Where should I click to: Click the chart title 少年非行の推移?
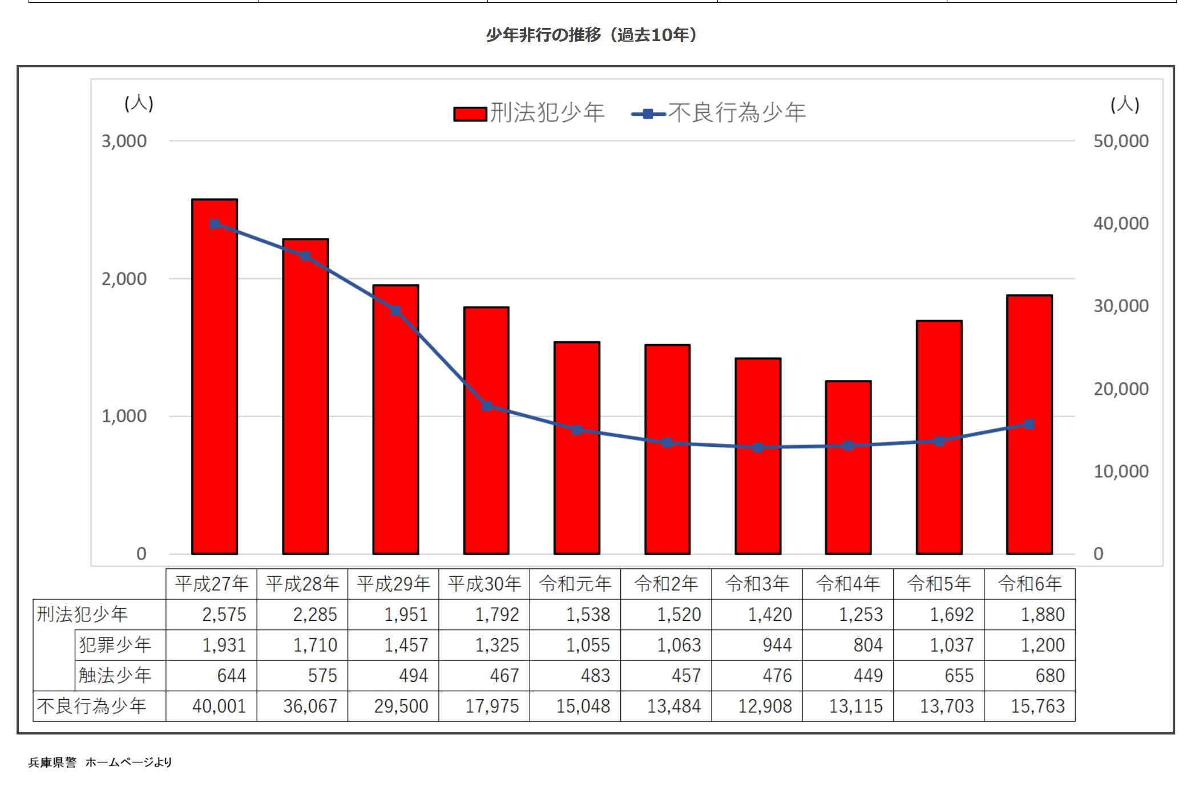pos(591,35)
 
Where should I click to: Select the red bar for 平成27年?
pos(214,377)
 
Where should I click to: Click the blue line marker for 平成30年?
pos(487,406)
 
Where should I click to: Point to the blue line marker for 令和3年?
pos(758,447)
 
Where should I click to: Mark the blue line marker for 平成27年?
pos(215,224)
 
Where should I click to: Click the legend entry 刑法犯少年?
pos(530,113)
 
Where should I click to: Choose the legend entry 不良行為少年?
pos(719,113)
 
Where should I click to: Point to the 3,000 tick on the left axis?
pos(124,141)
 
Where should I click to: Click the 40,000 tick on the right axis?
pos(1120,223)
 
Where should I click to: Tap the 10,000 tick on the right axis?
pos(1120,471)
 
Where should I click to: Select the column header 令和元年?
pos(575,584)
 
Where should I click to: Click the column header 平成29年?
pos(393,584)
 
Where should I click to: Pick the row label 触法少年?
pos(115,676)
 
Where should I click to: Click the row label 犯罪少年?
pos(115,645)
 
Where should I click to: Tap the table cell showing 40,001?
pos(219,707)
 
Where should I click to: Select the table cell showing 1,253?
pos(861,615)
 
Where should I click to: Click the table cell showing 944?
pos(777,645)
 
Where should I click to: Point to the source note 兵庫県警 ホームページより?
pos(100,762)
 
